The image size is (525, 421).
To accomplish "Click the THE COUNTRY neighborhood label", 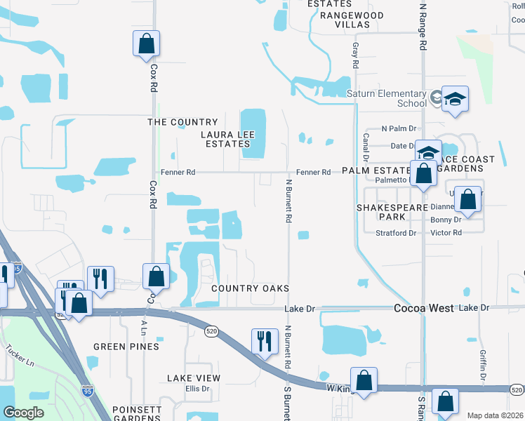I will (182, 122).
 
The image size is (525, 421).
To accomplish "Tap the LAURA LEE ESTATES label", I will (226, 139).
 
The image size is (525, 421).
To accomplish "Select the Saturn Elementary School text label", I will (387, 98).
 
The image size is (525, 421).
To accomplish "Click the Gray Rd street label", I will (356, 55).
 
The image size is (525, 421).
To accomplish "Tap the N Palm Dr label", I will (399, 129).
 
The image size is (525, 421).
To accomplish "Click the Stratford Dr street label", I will (396, 233).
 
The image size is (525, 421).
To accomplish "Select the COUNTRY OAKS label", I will (250, 288).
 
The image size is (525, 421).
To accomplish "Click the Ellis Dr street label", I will (198, 389).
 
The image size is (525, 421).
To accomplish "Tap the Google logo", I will (23, 413).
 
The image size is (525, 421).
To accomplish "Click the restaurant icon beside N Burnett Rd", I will (265, 342).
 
